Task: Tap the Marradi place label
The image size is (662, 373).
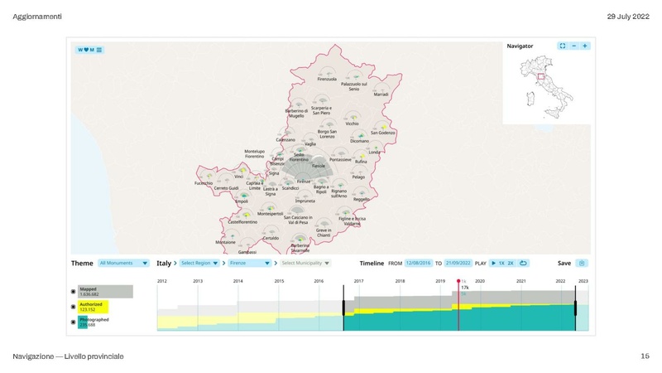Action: point(381,94)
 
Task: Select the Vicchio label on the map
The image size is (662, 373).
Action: point(329,123)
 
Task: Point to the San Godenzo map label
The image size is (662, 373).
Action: point(381,133)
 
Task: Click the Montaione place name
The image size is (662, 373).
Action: point(226,242)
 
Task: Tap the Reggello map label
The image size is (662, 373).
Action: point(362,200)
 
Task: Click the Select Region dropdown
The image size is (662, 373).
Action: point(199,263)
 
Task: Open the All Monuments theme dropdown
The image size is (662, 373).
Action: point(123,263)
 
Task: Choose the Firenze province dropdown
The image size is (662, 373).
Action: point(250,263)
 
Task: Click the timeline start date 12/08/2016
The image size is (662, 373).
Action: point(419,263)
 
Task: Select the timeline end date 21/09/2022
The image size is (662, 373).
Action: point(458,263)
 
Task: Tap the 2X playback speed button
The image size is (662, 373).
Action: point(511,263)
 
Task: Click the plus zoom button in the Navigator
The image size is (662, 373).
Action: point(585,46)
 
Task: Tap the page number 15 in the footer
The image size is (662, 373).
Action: point(645,356)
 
